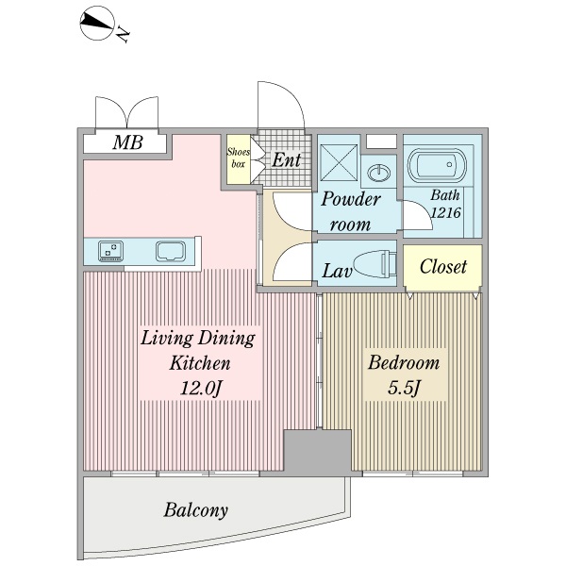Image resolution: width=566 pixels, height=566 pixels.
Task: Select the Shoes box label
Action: point(238,156)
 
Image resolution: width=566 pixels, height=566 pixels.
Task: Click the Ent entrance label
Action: point(286,159)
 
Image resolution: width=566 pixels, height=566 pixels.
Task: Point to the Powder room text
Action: point(350,211)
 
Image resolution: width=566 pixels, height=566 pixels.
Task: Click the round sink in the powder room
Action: point(380,173)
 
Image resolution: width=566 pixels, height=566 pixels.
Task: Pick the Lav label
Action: point(337,272)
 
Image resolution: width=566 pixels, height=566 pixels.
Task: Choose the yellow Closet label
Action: point(443,267)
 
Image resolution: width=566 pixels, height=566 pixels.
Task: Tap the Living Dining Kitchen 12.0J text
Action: point(197,363)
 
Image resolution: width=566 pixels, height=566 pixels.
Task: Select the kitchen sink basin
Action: point(172,252)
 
